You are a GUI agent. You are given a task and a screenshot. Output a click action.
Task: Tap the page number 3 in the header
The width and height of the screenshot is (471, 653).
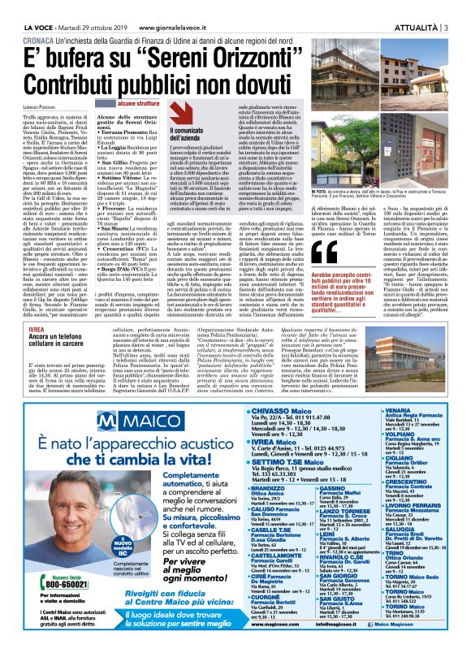[x=449, y=8]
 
